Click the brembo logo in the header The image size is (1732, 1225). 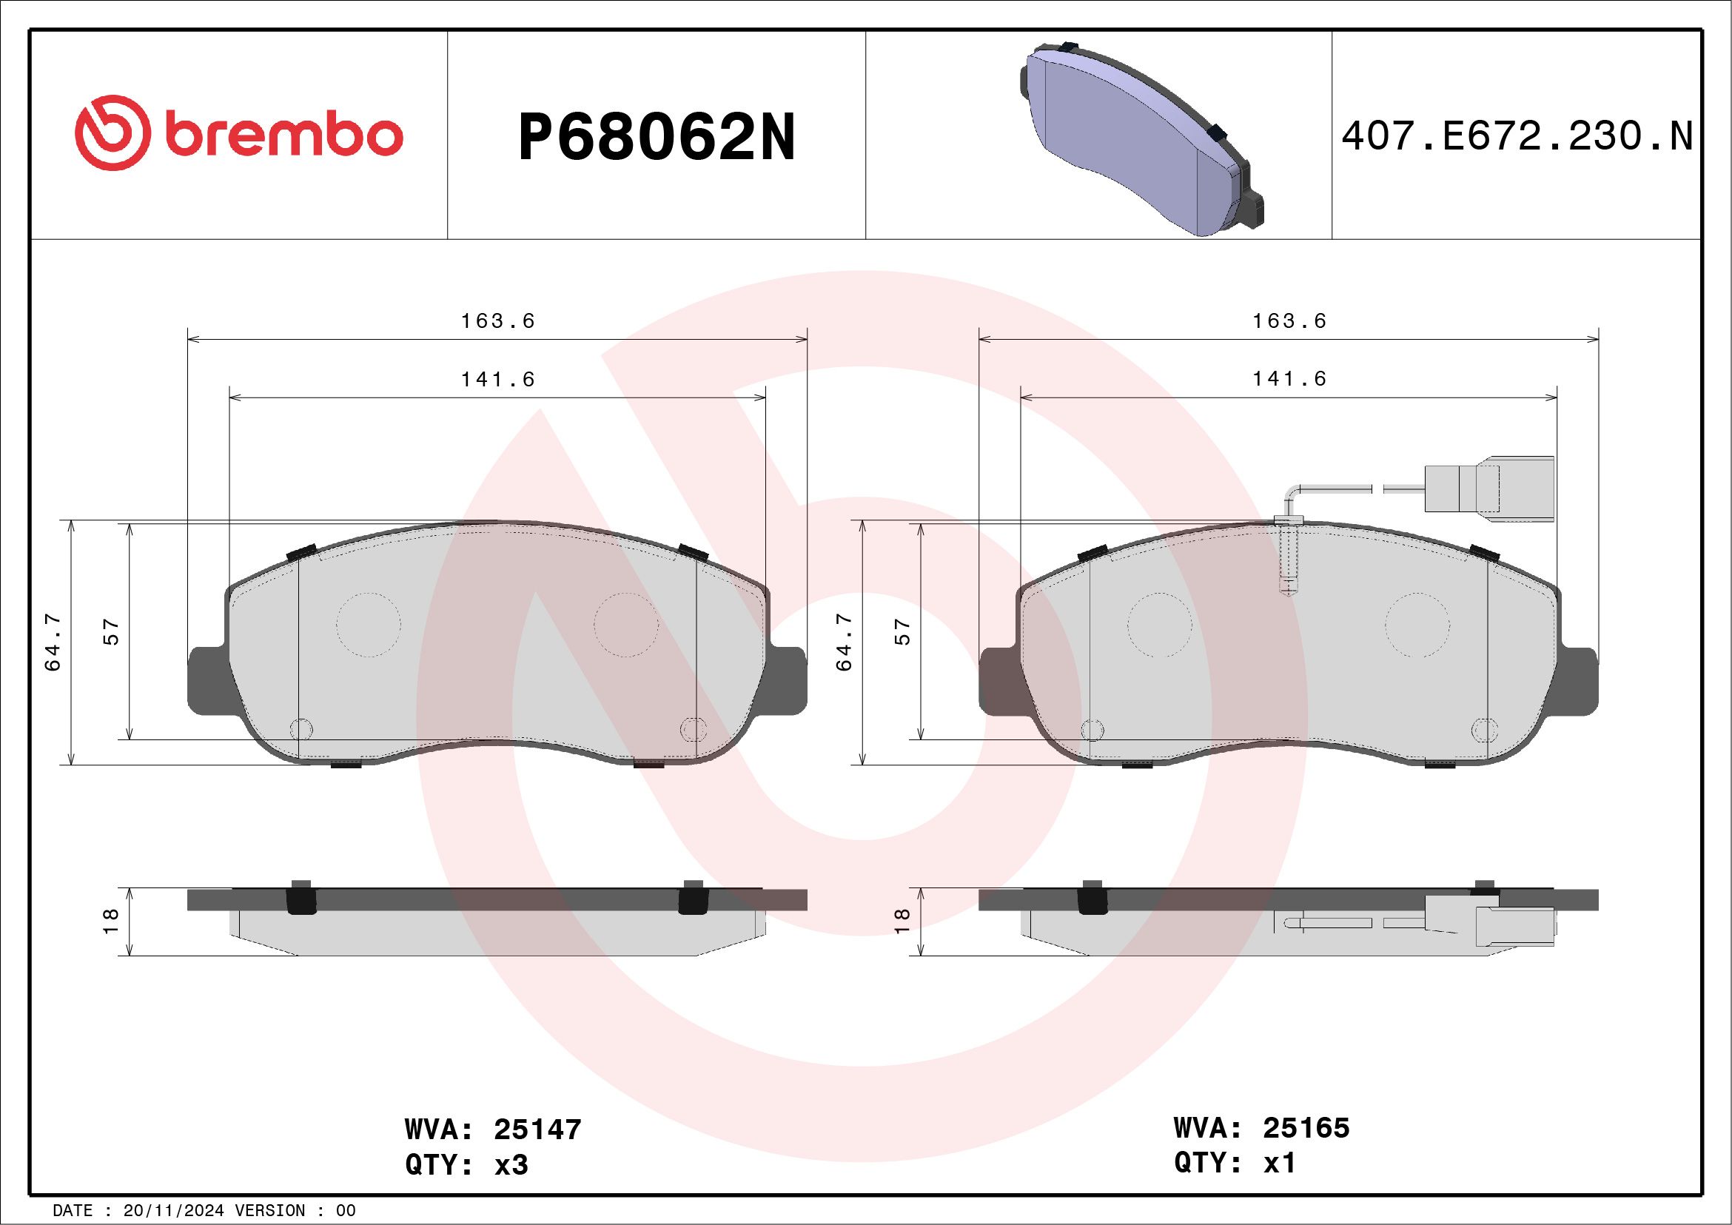(238, 136)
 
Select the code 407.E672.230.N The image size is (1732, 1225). (1517, 137)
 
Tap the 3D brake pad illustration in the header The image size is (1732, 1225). (1139, 137)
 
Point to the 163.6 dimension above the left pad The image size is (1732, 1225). (498, 321)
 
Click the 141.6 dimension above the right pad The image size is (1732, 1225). (1289, 379)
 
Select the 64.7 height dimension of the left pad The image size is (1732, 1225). (53, 642)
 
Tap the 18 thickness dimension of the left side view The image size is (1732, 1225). (111, 920)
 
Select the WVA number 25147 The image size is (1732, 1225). (538, 1130)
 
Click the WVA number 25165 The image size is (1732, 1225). (1306, 1127)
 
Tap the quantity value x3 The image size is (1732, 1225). (511, 1164)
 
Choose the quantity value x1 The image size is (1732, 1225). (1280, 1162)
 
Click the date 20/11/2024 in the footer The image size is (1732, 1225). (173, 1211)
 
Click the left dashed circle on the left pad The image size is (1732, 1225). (368, 625)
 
